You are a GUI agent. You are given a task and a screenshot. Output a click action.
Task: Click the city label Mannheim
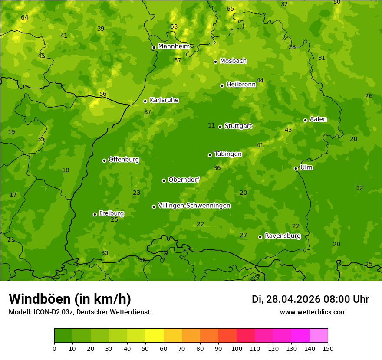174,46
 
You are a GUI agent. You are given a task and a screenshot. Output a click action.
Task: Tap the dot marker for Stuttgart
220,127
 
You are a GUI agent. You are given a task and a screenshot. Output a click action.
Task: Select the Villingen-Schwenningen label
194,206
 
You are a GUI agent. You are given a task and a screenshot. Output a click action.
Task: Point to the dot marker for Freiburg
95,214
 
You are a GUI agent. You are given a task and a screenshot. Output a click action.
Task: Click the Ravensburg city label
283,236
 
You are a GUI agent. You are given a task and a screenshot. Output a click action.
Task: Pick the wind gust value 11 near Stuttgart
211,126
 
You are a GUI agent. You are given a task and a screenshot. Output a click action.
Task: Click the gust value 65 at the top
231,9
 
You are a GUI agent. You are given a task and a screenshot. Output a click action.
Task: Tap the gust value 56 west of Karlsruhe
103,94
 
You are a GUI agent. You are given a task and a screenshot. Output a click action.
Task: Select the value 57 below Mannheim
178,61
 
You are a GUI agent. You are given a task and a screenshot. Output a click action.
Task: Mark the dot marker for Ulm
296,168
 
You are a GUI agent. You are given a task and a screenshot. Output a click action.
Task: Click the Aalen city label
318,119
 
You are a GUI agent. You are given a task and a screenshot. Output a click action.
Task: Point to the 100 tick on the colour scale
237,348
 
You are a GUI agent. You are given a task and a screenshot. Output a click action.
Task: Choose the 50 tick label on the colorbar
145,348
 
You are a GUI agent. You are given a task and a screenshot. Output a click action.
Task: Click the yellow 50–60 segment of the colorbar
155,336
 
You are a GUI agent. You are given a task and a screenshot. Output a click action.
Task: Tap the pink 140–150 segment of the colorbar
319,336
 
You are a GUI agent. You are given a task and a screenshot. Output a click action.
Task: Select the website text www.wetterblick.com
313,312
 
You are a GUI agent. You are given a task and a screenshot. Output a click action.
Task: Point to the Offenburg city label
124,160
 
